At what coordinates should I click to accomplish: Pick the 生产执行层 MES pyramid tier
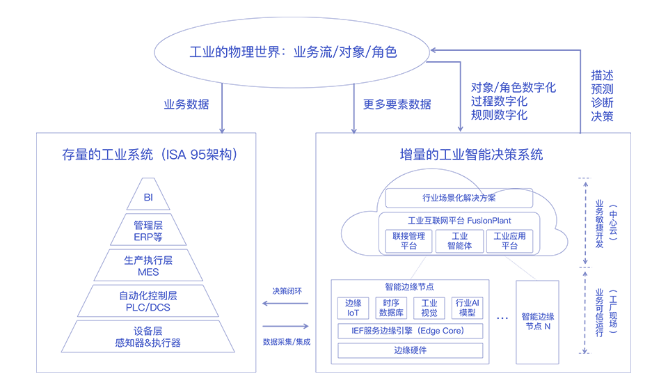click(148, 265)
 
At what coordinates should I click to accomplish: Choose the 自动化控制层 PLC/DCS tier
click(148, 301)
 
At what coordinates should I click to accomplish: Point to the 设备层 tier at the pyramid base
click(148, 337)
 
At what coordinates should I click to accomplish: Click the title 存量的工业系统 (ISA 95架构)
click(149, 155)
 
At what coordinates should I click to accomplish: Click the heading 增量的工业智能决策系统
click(472, 155)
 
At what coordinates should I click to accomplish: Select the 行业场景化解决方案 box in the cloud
click(459, 198)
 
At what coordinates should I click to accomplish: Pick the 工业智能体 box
click(459, 241)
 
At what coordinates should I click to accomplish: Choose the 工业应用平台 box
click(510, 241)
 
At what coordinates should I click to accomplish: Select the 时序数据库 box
click(391, 309)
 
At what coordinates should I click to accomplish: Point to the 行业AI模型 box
click(466, 309)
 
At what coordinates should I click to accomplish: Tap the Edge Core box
click(411, 331)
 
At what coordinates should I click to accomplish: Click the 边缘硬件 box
click(411, 350)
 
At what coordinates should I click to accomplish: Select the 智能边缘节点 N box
click(537, 322)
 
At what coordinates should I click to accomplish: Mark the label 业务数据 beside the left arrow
click(186, 105)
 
